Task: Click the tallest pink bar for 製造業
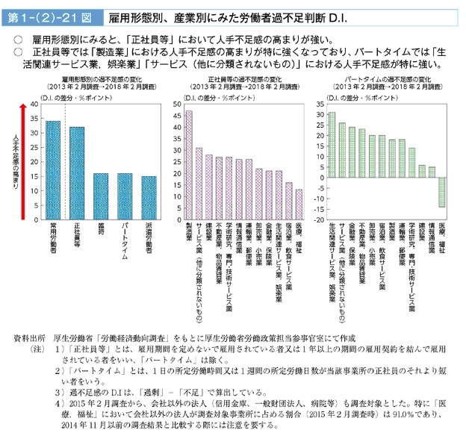tap(188, 165)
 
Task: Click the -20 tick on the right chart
tap(319, 220)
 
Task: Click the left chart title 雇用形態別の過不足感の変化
tap(95, 78)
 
